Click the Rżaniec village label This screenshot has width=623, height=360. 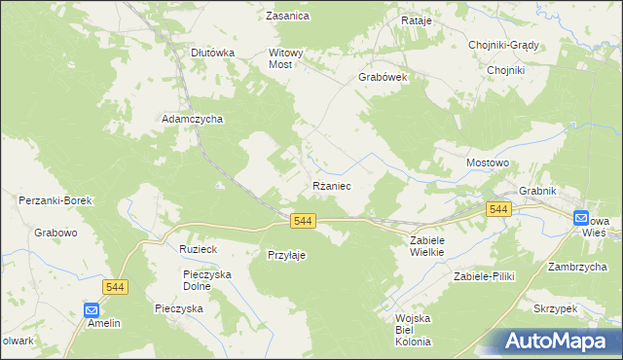tap(331, 185)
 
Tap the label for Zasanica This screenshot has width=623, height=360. tap(288, 16)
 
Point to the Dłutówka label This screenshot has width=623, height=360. tap(212, 54)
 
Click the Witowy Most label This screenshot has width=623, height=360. tap(287, 59)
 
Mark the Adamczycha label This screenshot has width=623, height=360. tap(193, 119)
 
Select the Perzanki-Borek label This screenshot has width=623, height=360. tap(55, 200)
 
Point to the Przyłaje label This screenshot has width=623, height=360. tap(287, 255)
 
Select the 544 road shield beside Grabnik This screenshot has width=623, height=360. tap(498, 210)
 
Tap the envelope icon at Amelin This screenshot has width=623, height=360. tap(92, 310)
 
